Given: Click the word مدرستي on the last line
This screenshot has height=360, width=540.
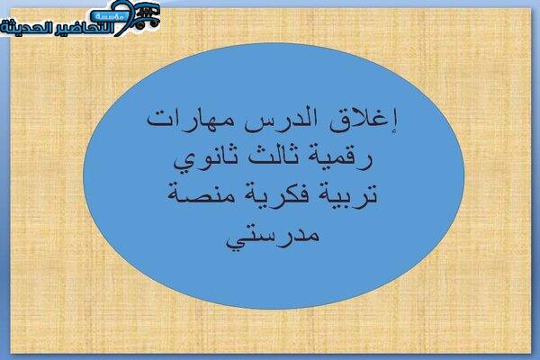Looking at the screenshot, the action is coord(273,235).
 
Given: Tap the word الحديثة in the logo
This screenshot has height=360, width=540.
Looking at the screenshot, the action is coord(27,28).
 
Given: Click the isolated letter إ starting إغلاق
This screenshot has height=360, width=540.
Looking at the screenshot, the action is coord(393,121).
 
